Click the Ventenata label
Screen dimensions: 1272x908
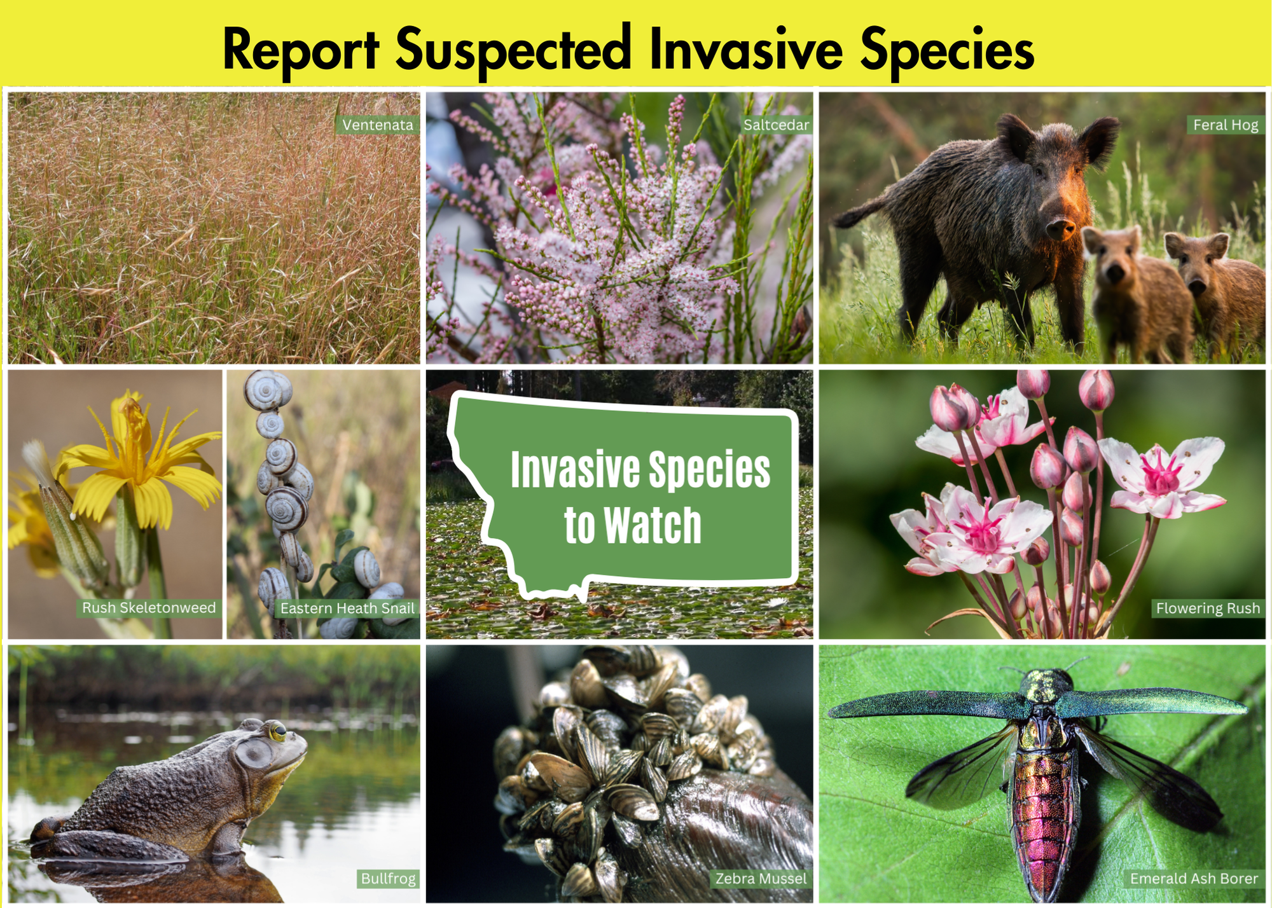pos(377,125)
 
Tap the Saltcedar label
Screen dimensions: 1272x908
pos(776,125)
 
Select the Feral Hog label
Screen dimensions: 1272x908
pos(1225,125)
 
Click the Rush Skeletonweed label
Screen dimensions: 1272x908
pos(149,608)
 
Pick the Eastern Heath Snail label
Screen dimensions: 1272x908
pos(347,609)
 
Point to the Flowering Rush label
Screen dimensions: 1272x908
pos(1207,609)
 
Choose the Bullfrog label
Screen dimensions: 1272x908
pos(388,879)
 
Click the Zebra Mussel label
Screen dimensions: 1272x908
pos(761,879)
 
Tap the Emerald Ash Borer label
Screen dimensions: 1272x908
pos(1193,879)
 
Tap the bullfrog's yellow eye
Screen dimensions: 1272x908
pos(278,732)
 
